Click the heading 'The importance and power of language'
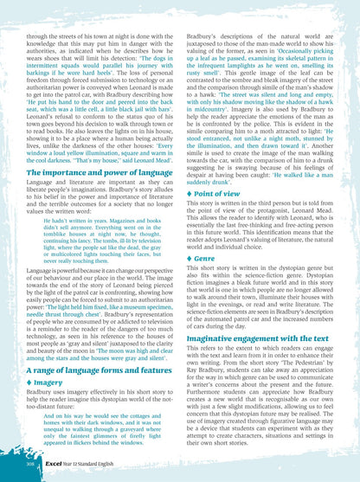tap(92, 173)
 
